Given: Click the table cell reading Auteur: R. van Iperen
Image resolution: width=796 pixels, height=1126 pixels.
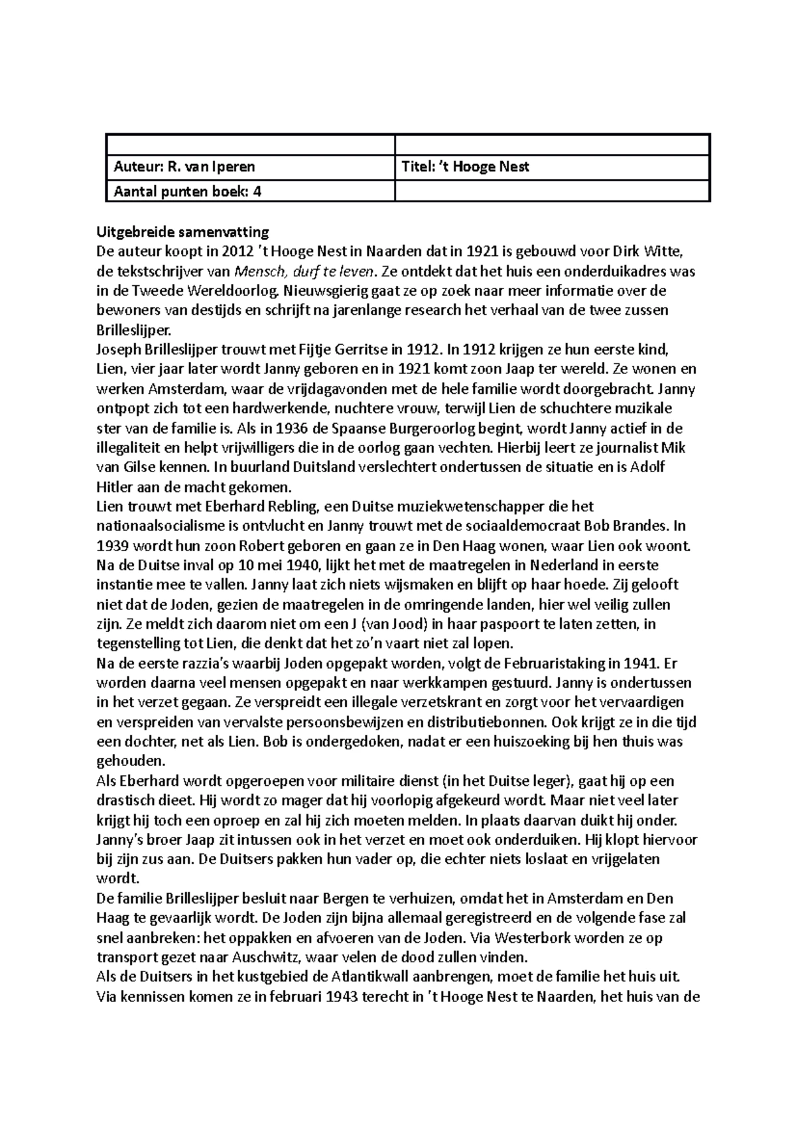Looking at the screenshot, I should coord(249,168).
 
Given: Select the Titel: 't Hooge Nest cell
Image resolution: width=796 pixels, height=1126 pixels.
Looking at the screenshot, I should coord(552,168).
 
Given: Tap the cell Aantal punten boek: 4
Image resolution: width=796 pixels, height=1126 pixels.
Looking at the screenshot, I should coord(249,192).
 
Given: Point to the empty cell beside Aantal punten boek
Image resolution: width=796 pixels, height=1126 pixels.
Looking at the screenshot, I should coord(552,192).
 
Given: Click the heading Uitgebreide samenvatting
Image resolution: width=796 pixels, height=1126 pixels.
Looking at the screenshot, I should coord(182,232).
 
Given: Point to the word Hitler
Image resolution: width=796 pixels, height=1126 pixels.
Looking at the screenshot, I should coord(113,487).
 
